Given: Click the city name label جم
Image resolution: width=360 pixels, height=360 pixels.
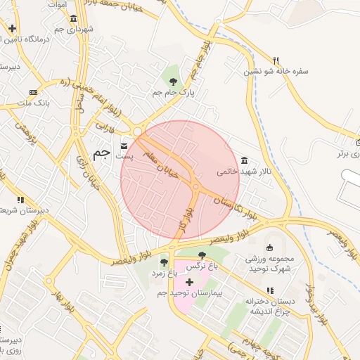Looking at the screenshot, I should [103, 152].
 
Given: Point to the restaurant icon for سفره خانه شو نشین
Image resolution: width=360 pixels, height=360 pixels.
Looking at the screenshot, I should [276, 60].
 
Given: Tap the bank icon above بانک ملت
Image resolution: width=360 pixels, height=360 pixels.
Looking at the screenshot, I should [33, 92].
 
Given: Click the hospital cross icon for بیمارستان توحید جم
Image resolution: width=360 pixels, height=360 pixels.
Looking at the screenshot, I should [188, 281].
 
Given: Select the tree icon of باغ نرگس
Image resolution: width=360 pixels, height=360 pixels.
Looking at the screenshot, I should [202, 255].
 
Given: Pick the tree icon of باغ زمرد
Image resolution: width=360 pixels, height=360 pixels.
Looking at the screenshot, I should [165, 262].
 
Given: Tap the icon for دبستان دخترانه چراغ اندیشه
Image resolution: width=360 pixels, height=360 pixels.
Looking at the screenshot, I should [269, 290].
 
